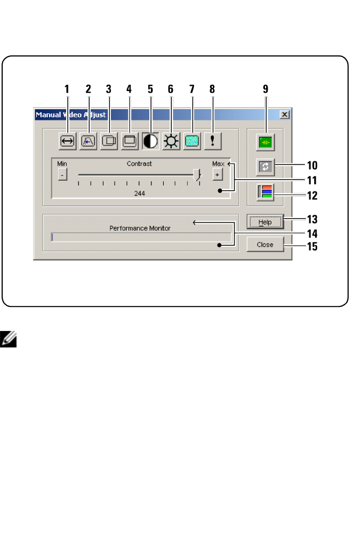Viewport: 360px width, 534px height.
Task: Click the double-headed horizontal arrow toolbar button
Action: pyautogui.click(x=68, y=141)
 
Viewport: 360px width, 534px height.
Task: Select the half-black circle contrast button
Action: pyautogui.click(x=150, y=141)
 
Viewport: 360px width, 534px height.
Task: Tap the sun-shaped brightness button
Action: pyautogui.click(x=171, y=141)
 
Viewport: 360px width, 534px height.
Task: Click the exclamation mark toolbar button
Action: pyautogui.click(x=212, y=141)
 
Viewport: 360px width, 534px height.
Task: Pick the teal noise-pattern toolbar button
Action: pyautogui.click(x=191, y=141)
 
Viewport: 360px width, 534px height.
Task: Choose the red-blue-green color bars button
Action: pyautogui.click(x=265, y=192)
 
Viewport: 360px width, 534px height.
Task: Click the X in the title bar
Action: pyautogui.click(x=285, y=115)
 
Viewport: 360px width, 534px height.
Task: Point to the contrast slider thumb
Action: pyautogui.click(x=197, y=175)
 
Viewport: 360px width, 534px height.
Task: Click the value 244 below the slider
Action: pyautogui.click(x=140, y=194)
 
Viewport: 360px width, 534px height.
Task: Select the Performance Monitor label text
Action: pyautogui.click(x=140, y=228)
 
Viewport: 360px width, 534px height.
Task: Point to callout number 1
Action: pyautogui.click(x=67, y=90)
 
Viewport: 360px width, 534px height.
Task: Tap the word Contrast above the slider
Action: pyautogui.click(x=139, y=164)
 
